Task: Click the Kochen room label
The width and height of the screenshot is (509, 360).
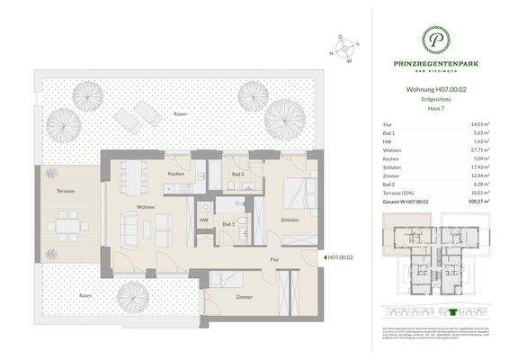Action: (176, 173)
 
